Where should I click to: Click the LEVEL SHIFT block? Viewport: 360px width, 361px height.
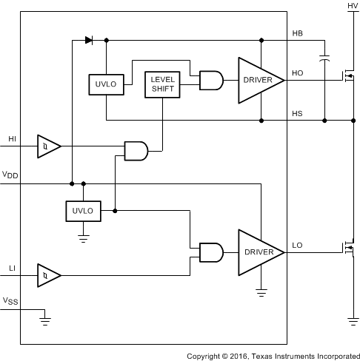[162, 84]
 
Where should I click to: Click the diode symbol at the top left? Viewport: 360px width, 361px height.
[89, 40]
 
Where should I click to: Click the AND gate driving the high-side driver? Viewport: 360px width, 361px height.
[211, 80]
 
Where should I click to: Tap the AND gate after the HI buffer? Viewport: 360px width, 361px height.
[136, 151]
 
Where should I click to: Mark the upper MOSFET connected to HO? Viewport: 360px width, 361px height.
[346, 75]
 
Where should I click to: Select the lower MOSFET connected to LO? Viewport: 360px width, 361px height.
[346, 248]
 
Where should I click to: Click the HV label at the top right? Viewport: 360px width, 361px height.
[352, 6]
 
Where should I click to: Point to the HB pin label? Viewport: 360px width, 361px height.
[298, 34]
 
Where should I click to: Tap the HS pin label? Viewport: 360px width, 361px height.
[298, 113]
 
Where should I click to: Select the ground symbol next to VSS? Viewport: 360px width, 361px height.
[46, 320]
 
